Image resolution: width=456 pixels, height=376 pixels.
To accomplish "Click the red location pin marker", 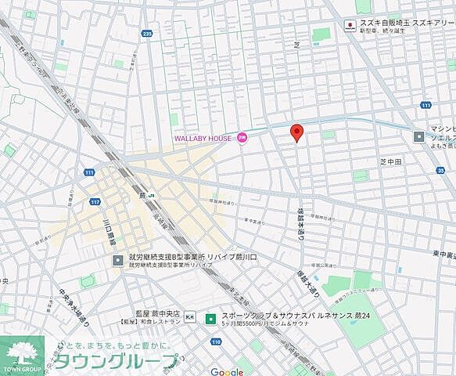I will (x=296, y=132).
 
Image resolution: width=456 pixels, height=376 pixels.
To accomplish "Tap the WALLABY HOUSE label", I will (x=202, y=139).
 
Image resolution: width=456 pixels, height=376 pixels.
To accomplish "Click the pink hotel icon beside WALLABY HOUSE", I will (x=242, y=138).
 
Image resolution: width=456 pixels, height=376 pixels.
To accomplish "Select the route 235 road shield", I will (x=147, y=34).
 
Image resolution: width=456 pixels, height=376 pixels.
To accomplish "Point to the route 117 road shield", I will (x=95, y=202).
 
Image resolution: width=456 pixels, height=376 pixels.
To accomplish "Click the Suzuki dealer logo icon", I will (x=349, y=25).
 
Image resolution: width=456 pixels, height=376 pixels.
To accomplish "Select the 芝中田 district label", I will (x=390, y=161).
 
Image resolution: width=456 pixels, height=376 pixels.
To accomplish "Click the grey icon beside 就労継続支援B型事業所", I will (x=117, y=260).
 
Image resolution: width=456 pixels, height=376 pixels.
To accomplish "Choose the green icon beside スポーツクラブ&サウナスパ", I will (x=210, y=319).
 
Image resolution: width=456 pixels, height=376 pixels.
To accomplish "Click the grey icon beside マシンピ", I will (x=419, y=136).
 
